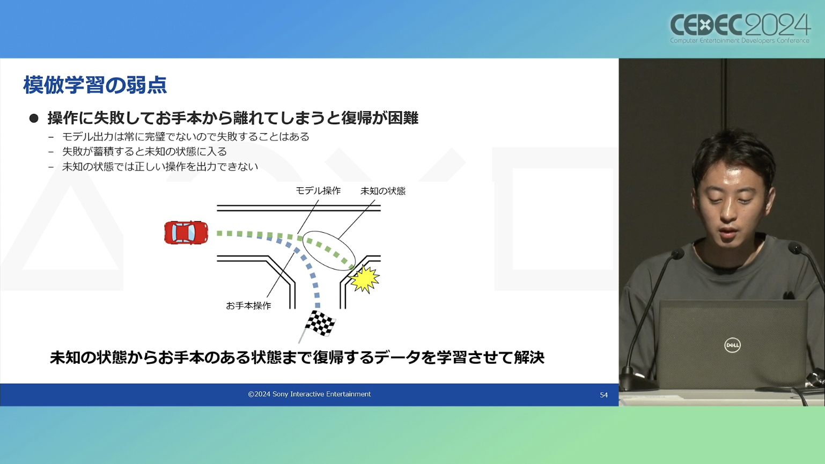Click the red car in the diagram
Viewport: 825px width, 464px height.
tap(186, 232)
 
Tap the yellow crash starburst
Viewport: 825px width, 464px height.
tap(364, 279)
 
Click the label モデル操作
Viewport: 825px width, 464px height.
tap(318, 191)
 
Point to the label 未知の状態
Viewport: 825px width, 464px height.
tap(382, 191)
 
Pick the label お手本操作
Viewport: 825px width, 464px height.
tap(248, 306)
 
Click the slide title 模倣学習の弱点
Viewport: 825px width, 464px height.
tap(95, 85)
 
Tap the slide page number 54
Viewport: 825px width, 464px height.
tap(603, 395)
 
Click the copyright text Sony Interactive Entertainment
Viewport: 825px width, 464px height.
tap(321, 394)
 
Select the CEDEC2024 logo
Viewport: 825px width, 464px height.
tap(740, 29)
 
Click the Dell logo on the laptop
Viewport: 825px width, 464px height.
tap(732, 345)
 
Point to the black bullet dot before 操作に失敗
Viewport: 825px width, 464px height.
tap(34, 118)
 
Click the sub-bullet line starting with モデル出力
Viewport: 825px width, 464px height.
tap(186, 137)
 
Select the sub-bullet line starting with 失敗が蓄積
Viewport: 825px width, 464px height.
tap(144, 151)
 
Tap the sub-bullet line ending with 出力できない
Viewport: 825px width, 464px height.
tap(160, 166)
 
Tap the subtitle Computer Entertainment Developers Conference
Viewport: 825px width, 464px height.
tap(740, 41)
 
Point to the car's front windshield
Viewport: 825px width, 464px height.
tap(193, 232)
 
